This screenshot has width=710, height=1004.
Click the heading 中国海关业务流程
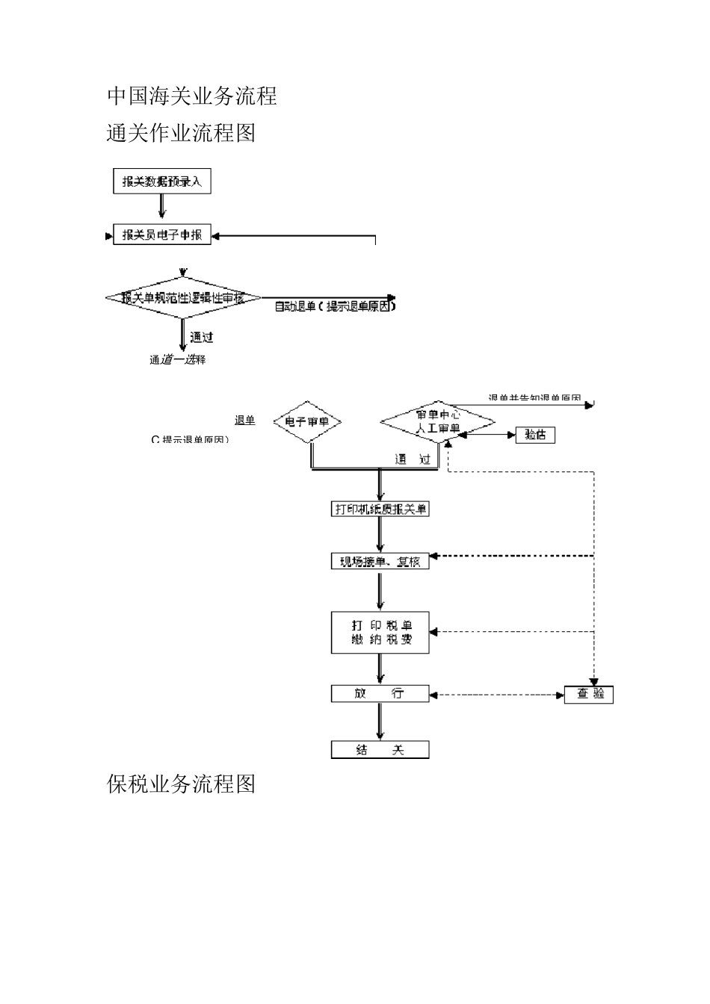192,96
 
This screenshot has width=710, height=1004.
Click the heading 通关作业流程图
182,133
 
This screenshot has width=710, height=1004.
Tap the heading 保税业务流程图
182,784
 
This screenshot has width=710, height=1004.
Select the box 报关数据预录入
161,182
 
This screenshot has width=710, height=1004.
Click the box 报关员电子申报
161,235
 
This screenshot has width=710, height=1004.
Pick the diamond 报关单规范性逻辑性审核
182,298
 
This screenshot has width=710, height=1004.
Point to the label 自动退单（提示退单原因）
334,306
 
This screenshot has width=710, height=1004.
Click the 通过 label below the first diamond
201,338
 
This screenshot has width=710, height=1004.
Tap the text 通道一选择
177,360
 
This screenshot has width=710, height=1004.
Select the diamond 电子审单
307,422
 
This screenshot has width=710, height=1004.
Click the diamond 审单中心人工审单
438,421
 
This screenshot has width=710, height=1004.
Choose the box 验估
535,435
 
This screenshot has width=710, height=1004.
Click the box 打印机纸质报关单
380,509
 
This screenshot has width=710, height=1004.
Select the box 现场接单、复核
380,561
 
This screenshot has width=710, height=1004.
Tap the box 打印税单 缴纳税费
380,633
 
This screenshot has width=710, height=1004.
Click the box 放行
380,694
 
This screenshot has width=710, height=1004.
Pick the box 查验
588,695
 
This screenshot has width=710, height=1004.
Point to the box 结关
380,749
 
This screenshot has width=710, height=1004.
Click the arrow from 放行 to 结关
380,721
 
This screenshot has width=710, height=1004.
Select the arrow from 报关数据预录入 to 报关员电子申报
161,207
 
